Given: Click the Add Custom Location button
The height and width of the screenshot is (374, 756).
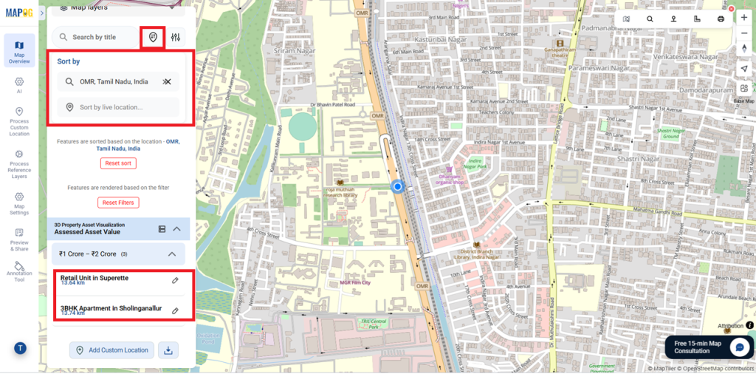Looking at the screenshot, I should [111, 350].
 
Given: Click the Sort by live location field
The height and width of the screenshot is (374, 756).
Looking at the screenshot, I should [118, 107].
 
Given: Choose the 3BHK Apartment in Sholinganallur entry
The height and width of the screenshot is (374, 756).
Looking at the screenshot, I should [111, 308].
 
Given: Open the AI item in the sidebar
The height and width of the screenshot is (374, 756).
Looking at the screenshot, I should [19, 85].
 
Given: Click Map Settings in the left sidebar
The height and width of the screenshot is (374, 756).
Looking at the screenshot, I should [19, 201].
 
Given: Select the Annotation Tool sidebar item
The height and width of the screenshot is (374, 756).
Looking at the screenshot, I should [19, 271].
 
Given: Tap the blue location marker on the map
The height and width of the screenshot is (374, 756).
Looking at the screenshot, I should [397, 187].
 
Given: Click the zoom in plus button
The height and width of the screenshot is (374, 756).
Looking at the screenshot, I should [744, 17].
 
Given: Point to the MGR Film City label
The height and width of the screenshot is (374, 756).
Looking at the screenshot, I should [355, 282].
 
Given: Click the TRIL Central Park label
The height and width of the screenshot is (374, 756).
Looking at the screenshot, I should [374, 323].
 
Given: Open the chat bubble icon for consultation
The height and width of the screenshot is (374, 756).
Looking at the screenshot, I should [739, 347].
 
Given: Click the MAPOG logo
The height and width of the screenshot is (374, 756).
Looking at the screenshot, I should [19, 13].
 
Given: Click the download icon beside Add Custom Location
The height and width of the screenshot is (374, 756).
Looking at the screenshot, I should [168, 350].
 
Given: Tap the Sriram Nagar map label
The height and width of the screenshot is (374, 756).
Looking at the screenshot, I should [289, 51].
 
